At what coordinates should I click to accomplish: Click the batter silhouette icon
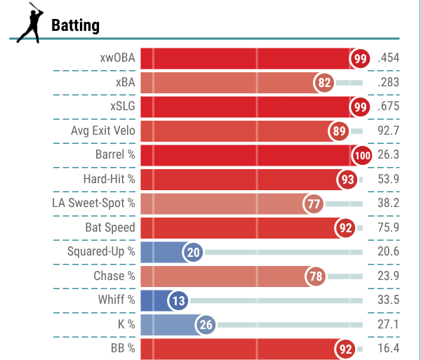point(30,23)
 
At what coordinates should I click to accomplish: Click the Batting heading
point(76,25)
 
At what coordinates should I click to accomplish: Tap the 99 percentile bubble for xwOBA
point(360,58)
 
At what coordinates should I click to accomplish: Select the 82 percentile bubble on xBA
point(323,83)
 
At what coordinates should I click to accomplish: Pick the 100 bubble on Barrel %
point(362,155)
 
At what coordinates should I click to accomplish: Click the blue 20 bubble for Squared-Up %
point(193,252)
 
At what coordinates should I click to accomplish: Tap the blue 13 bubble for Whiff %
point(178,300)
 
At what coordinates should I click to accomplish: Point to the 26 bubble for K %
point(206,325)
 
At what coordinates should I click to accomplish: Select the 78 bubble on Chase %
point(316,276)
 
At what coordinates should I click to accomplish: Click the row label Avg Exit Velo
point(103,131)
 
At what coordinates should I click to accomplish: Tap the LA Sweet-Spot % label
point(93,204)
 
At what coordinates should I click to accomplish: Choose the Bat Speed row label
point(110,227)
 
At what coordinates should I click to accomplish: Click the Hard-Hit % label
point(109,179)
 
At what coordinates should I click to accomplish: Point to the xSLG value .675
point(388,106)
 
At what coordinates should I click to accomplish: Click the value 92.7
point(388,131)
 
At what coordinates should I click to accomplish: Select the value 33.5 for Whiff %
point(388,300)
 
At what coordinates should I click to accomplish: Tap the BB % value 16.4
point(388,348)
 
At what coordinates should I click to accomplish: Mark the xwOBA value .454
point(388,58)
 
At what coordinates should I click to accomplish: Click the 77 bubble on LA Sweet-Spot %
point(313,204)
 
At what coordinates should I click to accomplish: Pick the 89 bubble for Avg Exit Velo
point(339,131)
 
